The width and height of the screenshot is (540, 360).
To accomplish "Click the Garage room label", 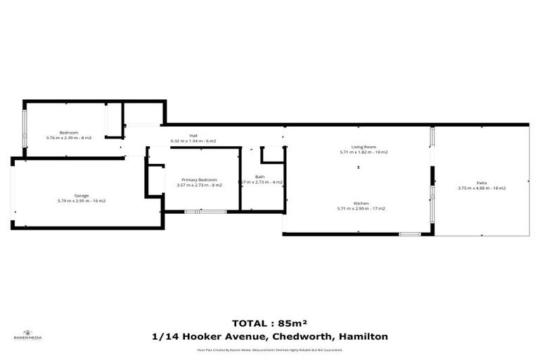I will pos(81,195).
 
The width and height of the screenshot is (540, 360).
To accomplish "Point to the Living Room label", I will pos(363,147).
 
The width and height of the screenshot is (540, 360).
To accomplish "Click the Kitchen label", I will pos(363,202).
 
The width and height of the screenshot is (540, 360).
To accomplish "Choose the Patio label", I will pos(482,183).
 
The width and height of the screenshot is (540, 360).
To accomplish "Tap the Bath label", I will pos(260,176).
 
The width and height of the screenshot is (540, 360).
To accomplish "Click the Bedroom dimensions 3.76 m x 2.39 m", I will pos(68,138).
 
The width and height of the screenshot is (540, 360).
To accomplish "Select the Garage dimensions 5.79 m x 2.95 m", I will pos(81,201).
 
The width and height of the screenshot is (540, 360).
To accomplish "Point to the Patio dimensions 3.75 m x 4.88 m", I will pos(482,188).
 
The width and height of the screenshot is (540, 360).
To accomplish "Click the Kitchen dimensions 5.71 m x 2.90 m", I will pos(363,208).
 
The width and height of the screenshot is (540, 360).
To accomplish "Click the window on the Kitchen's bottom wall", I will pos(409,234).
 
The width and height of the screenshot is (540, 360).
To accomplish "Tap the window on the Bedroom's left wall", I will pos(24,131).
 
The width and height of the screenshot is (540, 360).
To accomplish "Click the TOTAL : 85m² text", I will pos(270,324).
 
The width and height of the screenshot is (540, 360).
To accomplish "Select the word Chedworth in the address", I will pos(303,337).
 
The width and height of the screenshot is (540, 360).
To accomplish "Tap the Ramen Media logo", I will pos(28,335).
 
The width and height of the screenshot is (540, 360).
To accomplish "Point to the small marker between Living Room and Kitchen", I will pos(359,167).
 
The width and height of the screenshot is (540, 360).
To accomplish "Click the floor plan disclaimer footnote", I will pos(270,349).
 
